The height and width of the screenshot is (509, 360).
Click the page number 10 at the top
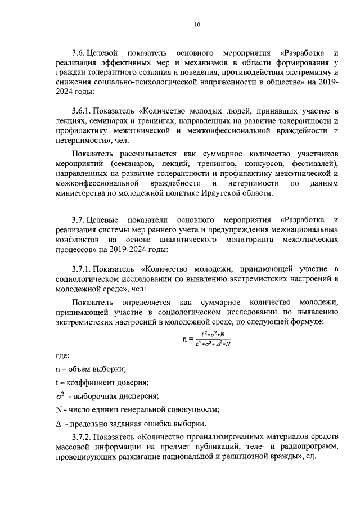(x=197, y=24)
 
